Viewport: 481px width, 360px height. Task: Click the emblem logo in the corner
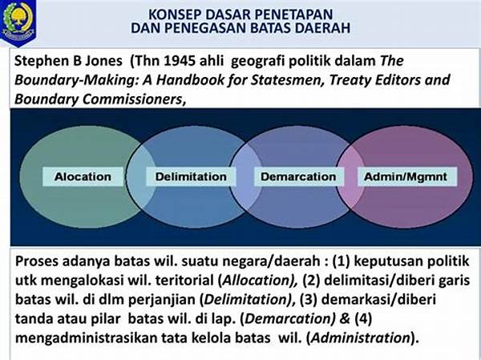[x=18, y=22]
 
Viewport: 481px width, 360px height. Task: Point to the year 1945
[x=180, y=61]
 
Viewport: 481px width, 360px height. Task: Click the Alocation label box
[x=83, y=176]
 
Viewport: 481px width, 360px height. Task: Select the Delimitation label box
[x=191, y=176]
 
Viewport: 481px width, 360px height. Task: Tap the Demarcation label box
[x=298, y=176]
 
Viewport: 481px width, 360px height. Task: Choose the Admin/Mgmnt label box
[x=406, y=176]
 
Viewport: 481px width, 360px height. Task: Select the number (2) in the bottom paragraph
[x=312, y=280]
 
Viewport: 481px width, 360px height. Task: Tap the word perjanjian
[x=162, y=300]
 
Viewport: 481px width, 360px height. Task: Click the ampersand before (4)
[x=345, y=318]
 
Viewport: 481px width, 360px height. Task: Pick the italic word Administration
[x=361, y=338]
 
